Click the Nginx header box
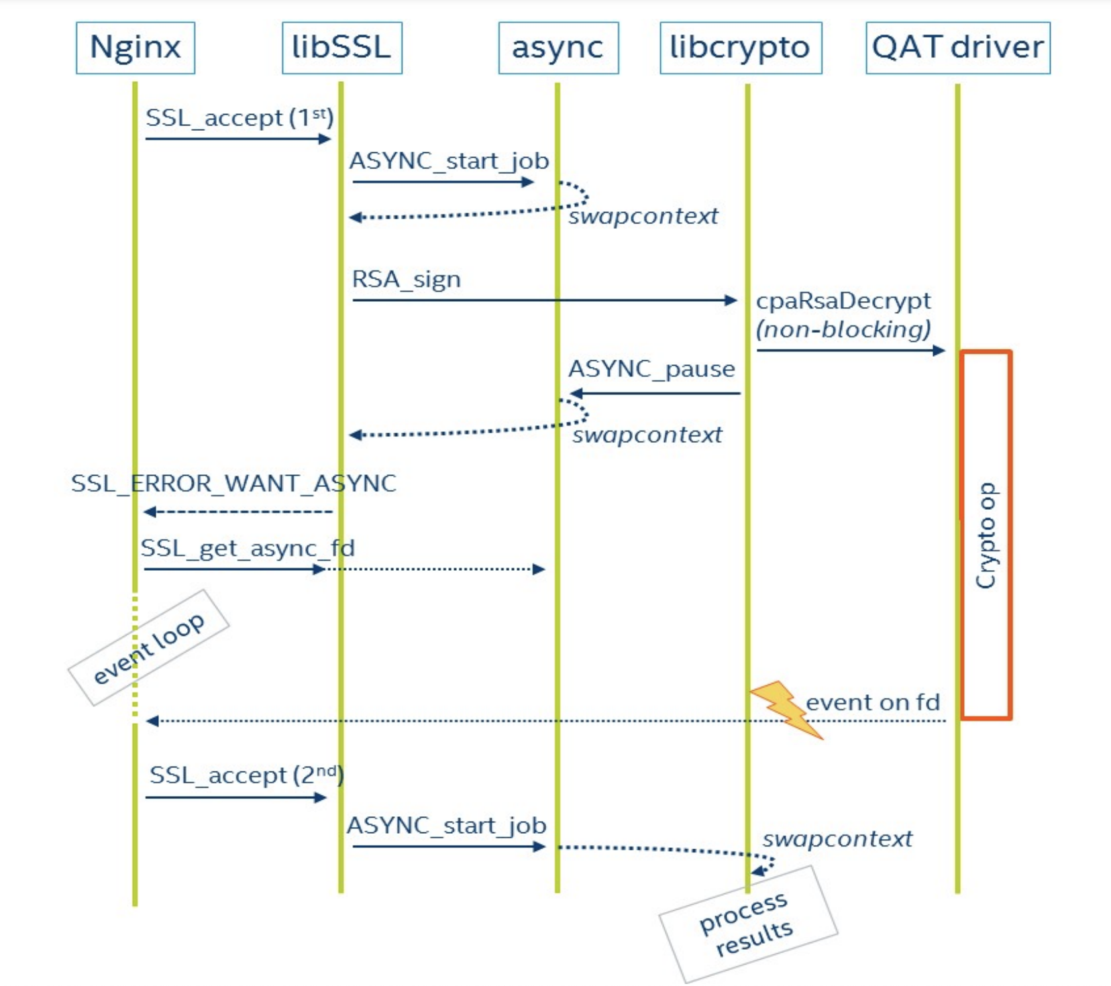(x=136, y=48)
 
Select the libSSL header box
(x=341, y=48)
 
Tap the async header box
(x=558, y=48)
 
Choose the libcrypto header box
(x=741, y=48)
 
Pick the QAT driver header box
(x=957, y=48)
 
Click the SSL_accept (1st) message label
(x=239, y=118)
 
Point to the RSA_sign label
(x=407, y=279)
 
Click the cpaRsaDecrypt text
(x=843, y=300)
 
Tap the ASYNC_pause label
(x=651, y=369)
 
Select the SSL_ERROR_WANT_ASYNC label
(x=233, y=484)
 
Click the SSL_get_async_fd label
(x=248, y=549)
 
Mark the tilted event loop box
(x=149, y=648)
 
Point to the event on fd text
(x=873, y=702)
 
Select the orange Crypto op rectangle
(x=986, y=535)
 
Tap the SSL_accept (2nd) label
(x=246, y=775)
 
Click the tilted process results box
(x=748, y=924)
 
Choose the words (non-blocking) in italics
(x=843, y=329)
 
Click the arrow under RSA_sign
(x=543, y=300)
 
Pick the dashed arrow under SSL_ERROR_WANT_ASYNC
(x=238, y=512)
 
